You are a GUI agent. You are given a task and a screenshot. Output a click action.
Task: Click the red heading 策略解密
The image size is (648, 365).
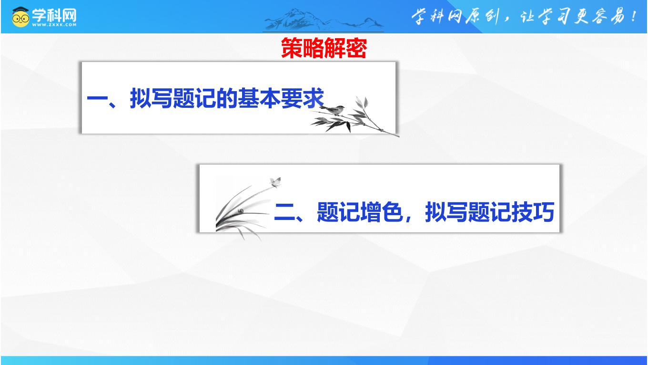coord(324,48)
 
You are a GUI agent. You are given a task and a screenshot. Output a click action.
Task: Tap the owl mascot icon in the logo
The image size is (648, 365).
coord(20,17)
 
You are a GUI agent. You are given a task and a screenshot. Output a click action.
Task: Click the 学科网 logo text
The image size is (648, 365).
coord(54,15)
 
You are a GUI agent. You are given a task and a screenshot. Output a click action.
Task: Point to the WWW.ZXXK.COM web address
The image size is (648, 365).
coord(54,25)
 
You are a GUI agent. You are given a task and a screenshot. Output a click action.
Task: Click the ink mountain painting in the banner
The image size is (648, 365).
coord(324,20)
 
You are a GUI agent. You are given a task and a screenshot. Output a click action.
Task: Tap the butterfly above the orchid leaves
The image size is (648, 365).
coord(275,182)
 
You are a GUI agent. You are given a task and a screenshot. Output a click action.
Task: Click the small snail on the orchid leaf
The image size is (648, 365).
coord(241,211)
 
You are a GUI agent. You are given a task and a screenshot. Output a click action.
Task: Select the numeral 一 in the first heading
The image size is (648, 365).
coord(97,98)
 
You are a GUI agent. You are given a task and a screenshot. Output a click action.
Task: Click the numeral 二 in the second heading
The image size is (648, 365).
coord(284,212)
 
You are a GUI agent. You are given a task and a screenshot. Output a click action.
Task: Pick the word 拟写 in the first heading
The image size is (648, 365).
coord(152,98)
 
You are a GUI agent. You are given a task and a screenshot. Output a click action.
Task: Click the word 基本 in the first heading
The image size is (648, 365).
coord(259,98)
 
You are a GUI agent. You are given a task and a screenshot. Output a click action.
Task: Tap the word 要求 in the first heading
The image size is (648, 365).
coord(303,98)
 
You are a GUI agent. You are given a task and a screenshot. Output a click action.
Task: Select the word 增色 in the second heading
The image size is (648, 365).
coord(382,212)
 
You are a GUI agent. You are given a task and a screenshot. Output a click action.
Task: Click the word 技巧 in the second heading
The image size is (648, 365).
coord(533,212)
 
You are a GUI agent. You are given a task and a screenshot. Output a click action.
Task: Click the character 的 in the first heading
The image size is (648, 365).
coord(227,98)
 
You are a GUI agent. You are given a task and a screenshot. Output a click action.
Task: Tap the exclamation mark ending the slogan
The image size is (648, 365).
coord(634,16)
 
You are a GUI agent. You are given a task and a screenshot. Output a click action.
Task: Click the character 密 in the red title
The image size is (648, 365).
coord(356,48)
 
